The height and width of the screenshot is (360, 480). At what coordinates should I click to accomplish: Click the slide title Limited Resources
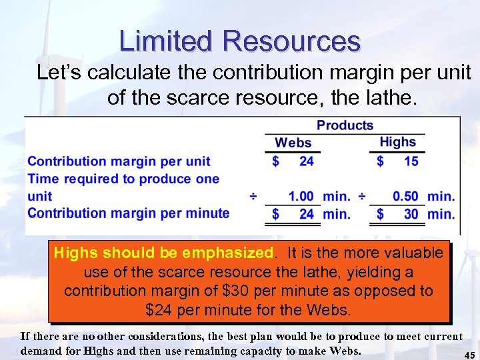click(240, 41)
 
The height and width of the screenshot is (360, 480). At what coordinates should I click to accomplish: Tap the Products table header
click(345, 125)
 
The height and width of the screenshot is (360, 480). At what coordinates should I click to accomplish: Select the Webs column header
click(293, 143)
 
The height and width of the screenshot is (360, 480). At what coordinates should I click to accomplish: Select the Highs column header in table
click(397, 142)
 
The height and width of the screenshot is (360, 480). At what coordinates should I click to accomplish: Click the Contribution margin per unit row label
click(119, 161)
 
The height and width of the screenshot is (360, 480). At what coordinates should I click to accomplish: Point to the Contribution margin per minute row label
click(128, 213)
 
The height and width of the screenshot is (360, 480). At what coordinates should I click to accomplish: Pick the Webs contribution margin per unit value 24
click(306, 161)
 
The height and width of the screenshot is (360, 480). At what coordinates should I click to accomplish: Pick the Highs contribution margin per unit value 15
click(411, 161)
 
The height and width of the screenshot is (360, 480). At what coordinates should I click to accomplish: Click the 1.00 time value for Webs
click(301, 197)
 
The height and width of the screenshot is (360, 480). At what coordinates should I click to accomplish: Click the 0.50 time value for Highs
click(405, 197)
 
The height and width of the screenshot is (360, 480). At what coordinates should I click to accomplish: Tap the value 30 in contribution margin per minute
click(411, 214)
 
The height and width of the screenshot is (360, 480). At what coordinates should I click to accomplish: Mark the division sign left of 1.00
click(254, 197)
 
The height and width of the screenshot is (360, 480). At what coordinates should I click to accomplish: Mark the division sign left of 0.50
click(360, 197)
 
